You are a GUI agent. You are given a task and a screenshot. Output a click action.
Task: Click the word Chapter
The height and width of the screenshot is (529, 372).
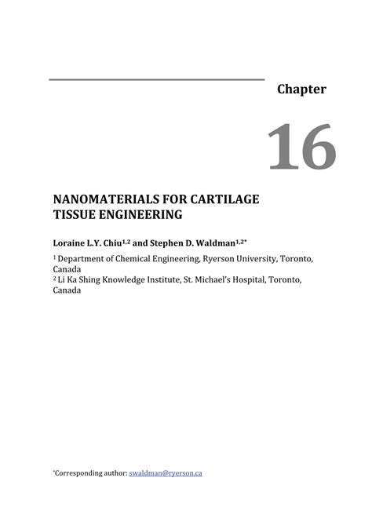[x=301, y=89]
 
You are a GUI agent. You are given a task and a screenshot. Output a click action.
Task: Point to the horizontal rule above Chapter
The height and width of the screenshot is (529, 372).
[x=157, y=79]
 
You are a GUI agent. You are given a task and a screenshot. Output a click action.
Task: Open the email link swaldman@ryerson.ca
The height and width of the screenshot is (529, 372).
[x=165, y=473]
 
